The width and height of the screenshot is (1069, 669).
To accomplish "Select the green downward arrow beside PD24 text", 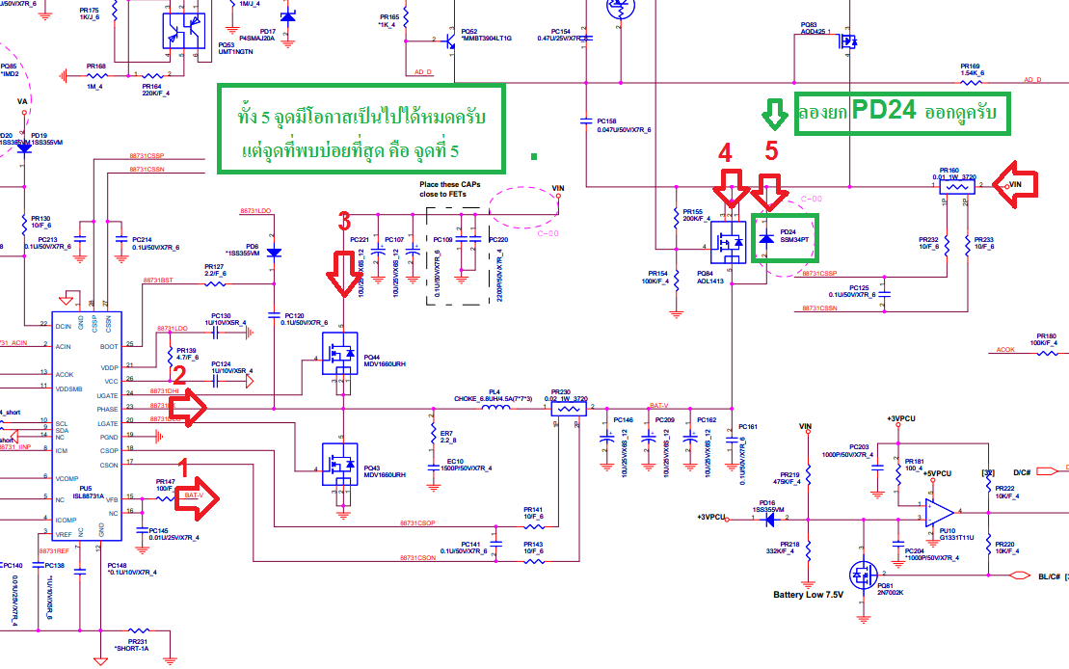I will (774, 114).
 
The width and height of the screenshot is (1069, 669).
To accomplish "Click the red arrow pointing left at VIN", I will (1026, 187).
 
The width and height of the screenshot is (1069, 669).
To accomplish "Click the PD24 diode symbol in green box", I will (766, 237).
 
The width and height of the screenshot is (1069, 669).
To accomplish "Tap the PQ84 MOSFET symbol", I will (729, 242).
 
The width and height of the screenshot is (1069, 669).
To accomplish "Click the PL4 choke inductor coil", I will (495, 408).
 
